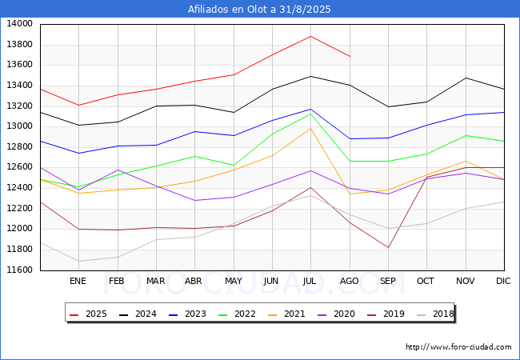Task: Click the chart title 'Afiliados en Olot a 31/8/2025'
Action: point(259,9)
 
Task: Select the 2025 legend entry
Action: point(88,314)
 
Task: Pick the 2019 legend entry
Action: point(386,314)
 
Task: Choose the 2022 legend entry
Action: point(237,314)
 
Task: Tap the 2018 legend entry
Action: point(435,314)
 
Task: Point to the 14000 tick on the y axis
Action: point(19,24)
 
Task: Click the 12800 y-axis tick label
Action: point(19,147)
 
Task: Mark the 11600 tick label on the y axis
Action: point(19,270)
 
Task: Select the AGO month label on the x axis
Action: point(350,281)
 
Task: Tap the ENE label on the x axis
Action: point(78,281)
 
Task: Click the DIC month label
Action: point(503,281)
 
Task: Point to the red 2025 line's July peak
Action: point(310,36)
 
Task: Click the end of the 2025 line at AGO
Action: point(350,56)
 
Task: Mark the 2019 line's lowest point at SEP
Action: point(388,247)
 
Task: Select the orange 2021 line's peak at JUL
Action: point(310,128)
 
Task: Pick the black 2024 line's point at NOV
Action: point(466,78)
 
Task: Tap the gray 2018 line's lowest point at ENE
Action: point(78,262)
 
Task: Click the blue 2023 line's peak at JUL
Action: point(310,109)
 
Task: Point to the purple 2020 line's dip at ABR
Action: point(194,200)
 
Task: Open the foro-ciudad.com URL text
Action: point(458,347)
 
